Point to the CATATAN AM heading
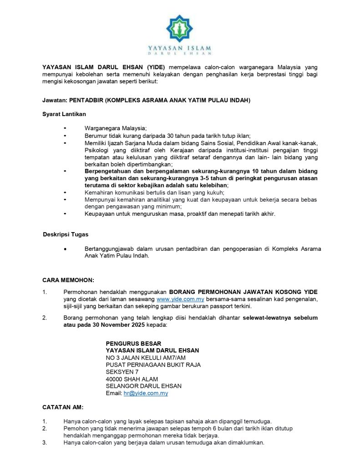[62, 407]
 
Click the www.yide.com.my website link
[180, 299]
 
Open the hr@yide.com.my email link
[146, 393]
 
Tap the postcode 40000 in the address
[115, 379]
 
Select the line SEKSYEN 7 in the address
[122, 372]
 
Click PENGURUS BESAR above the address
[133, 343]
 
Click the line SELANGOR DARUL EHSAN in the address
[143, 386]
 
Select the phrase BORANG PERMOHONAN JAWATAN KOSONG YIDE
[243, 292]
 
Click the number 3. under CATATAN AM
[45, 442]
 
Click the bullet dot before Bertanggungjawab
[66, 249]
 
